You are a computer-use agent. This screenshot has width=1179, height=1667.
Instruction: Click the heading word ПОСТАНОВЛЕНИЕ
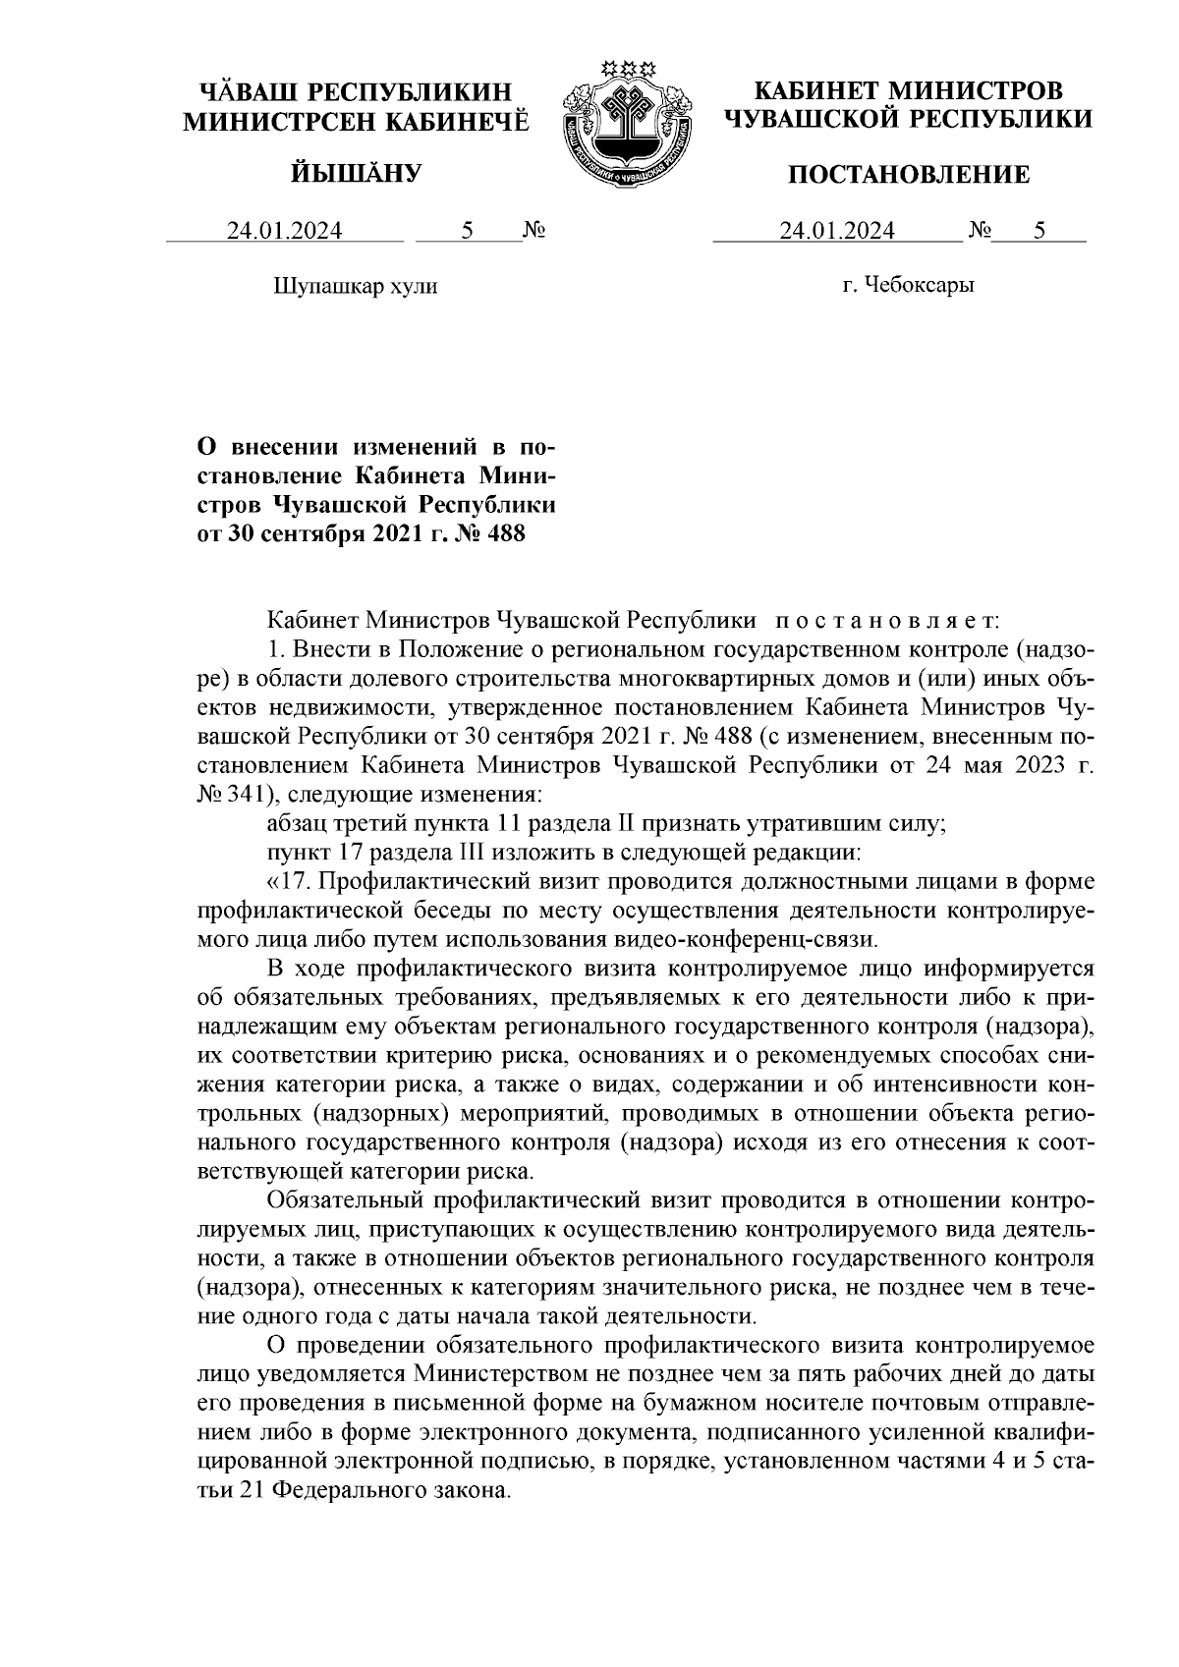tap(910, 175)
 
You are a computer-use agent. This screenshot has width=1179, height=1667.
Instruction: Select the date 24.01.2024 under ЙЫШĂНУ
tap(285, 232)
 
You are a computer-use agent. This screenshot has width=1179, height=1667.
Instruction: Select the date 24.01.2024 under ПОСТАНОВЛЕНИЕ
tap(837, 232)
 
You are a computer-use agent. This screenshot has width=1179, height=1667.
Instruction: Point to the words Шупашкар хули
tap(354, 286)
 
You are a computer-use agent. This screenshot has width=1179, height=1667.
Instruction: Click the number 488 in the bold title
tap(504, 533)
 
